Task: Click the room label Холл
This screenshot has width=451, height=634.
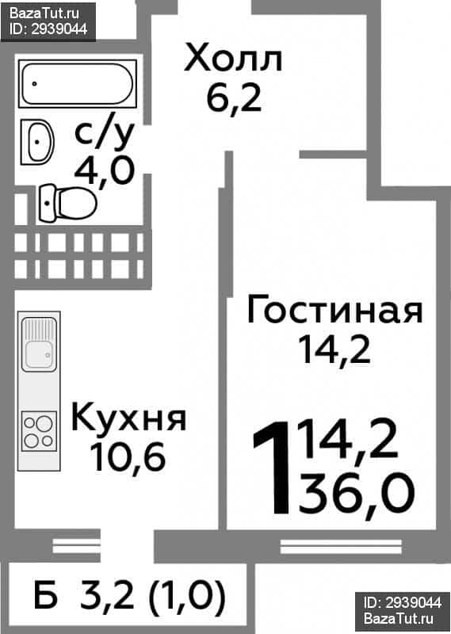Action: (233, 59)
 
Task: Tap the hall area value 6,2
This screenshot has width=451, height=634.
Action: (234, 98)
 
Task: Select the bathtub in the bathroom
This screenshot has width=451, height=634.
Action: (78, 84)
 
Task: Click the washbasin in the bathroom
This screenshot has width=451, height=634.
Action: (37, 142)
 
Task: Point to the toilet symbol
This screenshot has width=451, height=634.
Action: (67, 203)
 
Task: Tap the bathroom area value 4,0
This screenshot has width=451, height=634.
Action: (104, 170)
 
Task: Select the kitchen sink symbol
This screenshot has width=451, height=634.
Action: (39, 344)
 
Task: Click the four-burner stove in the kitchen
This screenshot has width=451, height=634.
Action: (39, 430)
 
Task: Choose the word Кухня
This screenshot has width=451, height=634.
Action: (129, 418)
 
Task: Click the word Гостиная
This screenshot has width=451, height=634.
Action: (334, 309)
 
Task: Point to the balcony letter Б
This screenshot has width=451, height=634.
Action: (46, 594)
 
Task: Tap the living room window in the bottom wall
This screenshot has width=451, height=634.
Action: (341, 547)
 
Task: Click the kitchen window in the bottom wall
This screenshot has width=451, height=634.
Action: (76, 546)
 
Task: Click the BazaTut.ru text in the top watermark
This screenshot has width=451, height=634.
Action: (44, 13)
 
